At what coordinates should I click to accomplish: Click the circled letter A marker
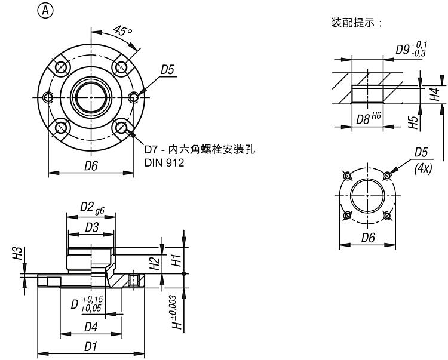43,10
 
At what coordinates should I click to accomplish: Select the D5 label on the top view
168,70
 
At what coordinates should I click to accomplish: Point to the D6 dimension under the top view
91,167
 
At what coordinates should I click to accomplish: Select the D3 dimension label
91,227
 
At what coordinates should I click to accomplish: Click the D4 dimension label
91,327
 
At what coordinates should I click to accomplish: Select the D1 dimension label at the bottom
91,346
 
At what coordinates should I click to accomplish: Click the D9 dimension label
410,48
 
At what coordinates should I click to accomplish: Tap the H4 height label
435,94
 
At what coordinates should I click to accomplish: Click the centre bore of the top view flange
91,95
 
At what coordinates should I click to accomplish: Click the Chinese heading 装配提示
356,23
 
